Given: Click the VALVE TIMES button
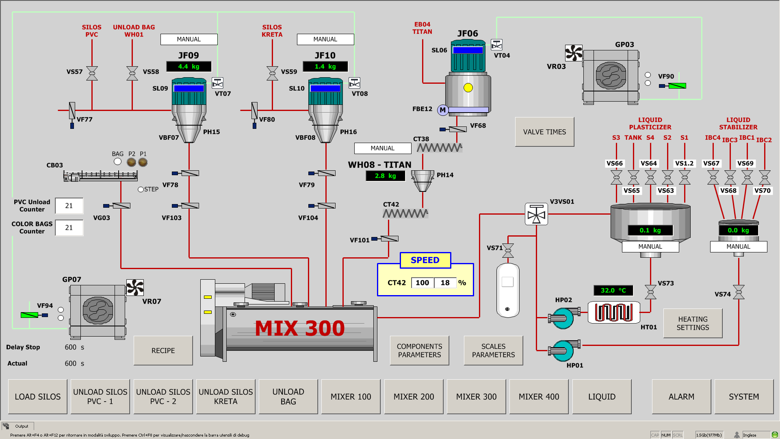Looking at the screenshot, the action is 544,132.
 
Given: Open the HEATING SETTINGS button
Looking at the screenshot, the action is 693,323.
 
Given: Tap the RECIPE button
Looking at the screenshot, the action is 163,350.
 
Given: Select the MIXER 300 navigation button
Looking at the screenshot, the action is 476,396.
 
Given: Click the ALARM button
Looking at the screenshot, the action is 681,396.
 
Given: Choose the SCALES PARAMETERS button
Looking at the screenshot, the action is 493,350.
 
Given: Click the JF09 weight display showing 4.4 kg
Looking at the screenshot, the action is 189,66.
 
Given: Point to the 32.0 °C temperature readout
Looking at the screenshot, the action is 613,290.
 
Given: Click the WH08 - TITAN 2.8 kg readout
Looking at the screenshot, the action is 385,176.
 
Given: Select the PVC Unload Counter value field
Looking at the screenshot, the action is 69,206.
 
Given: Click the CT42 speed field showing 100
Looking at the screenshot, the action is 422,283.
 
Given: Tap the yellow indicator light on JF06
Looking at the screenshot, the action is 468,87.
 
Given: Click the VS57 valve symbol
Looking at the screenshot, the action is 92,73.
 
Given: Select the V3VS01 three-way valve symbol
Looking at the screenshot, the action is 536,214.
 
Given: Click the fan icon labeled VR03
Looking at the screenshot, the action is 574,53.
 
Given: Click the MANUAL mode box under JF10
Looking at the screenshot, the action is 325,39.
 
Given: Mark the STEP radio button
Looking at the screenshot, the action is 141,189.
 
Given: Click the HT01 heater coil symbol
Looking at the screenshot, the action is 614,313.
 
